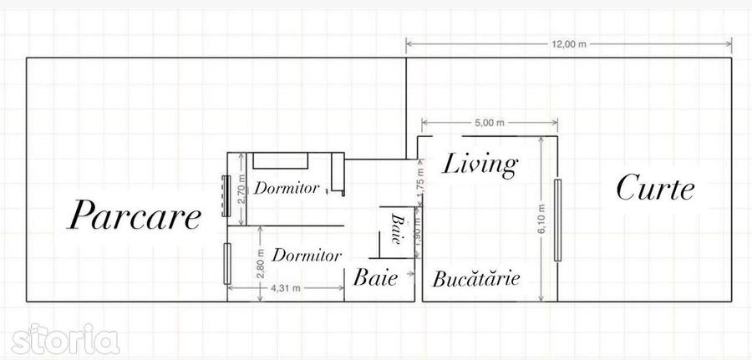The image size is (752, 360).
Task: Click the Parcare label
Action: tap(134, 215)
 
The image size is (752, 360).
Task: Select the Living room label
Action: tap(480, 165)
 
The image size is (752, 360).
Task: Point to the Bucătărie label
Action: tap(476, 278)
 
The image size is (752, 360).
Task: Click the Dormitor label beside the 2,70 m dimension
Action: tap(287, 188)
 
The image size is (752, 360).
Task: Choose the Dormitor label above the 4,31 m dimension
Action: tap(307, 255)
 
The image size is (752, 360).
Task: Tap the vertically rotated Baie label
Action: tap(397, 229)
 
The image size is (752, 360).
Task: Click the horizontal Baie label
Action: tap(375, 277)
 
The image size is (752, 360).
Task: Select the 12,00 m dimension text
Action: tap(569, 44)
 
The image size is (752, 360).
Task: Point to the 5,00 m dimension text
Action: tap(490, 123)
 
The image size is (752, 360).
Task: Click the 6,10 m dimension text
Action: tap(541, 219)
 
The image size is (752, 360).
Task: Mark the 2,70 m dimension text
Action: tap(241, 189)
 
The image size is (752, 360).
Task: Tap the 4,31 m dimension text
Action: tap(287, 288)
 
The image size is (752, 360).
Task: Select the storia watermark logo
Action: tap(66, 339)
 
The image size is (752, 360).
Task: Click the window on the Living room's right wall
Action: tap(557, 220)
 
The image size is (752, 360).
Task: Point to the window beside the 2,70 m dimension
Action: tap(226, 196)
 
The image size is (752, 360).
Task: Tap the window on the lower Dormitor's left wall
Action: tap(227, 264)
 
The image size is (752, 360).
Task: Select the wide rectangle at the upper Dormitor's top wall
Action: tap(281, 160)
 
